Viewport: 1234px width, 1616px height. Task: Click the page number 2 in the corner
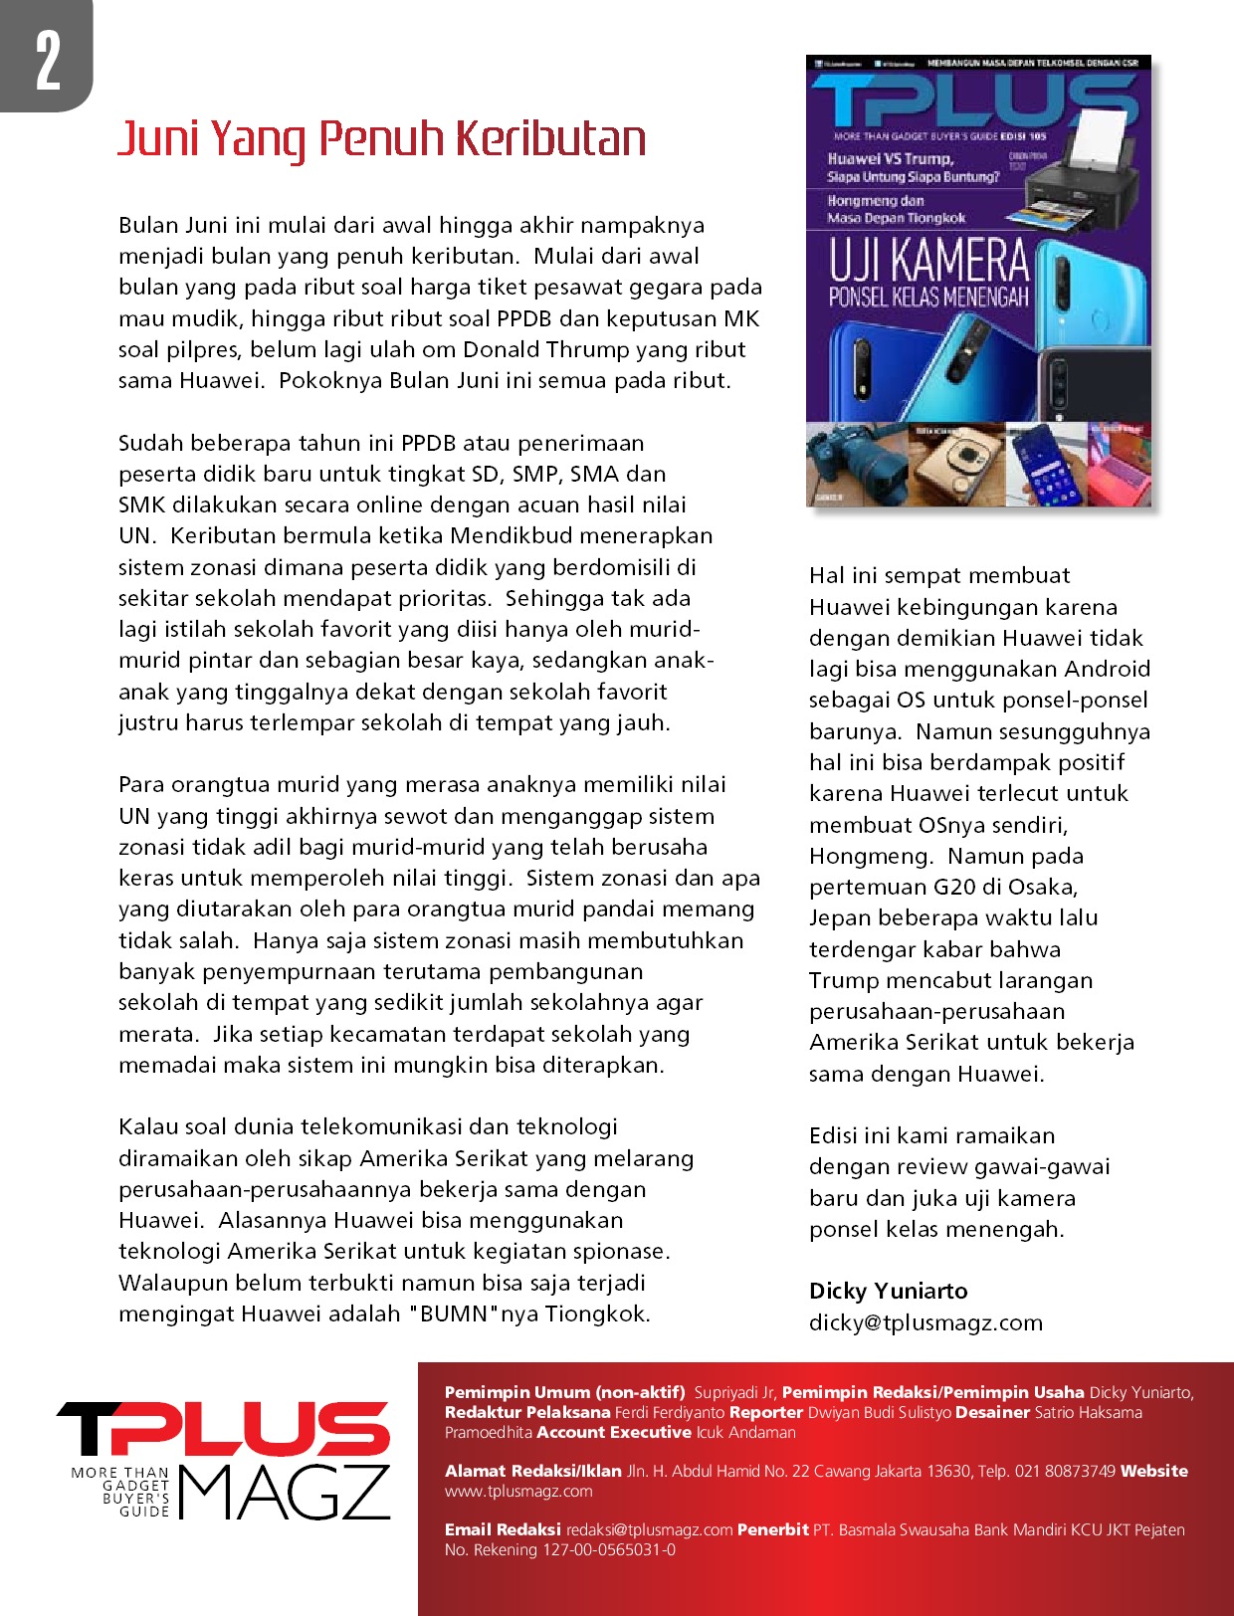click(48, 60)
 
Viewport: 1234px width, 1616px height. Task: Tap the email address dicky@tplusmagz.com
click(925, 1322)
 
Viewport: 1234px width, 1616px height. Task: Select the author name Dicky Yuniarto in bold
click(888, 1291)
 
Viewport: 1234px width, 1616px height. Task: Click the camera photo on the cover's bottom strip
click(856, 465)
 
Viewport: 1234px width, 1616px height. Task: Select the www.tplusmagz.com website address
click(518, 1491)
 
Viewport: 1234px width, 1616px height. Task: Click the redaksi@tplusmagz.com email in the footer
click(649, 1529)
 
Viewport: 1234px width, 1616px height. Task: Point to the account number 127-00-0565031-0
click(608, 1549)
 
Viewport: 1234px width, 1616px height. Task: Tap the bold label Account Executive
click(613, 1432)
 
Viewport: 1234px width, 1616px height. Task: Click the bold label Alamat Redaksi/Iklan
click(533, 1471)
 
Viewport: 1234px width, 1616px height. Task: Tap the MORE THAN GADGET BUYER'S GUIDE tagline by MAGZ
click(120, 1492)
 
